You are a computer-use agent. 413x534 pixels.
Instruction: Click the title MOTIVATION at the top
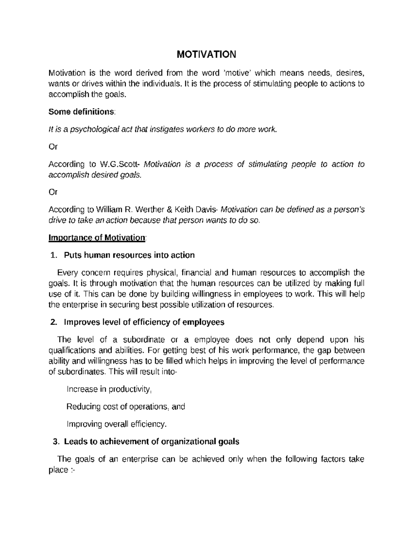coord(206,55)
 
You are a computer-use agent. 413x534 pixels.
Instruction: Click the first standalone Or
coord(53,147)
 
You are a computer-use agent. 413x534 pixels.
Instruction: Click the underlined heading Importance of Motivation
coord(97,238)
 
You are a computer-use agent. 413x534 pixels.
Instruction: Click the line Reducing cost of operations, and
coord(125,407)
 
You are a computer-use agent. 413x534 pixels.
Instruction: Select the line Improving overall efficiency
coord(116,424)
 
